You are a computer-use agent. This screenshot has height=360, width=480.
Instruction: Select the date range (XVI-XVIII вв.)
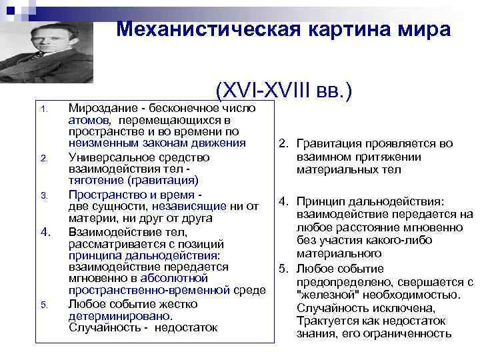coord(283,91)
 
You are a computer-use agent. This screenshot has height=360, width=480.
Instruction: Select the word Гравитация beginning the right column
coord(326,143)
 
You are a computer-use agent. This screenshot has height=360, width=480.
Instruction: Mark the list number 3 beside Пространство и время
coord(43,195)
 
